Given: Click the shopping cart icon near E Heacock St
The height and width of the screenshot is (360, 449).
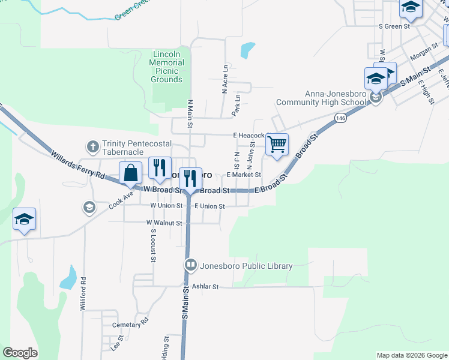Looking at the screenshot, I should tap(277, 145).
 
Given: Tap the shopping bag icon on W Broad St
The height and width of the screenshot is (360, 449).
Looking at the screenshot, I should tap(130, 173).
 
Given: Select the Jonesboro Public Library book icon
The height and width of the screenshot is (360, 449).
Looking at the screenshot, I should tap(190, 265).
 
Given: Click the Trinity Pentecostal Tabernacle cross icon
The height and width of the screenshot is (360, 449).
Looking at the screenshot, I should tap(92, 146).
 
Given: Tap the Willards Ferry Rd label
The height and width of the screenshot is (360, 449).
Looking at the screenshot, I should tap(78, 167).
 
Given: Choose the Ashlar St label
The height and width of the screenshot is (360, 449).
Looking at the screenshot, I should tap(206, 287).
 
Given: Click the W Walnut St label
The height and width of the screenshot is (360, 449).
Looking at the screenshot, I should tap(164, 223).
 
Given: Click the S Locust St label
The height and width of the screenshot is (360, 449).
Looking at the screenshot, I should tap(154, 245).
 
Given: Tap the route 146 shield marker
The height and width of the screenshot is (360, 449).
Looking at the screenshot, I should tap(340, 119).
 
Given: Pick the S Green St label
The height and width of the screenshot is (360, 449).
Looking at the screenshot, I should tap(394, 26).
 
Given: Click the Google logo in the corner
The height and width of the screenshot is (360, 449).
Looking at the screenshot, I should tap(20, 353).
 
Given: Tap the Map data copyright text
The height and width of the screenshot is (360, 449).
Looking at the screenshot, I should tap(412, 355).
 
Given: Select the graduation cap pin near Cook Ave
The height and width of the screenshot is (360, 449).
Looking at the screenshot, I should tap(89, 208).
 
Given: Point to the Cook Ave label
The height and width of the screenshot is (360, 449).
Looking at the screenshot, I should tap(121, 200).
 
